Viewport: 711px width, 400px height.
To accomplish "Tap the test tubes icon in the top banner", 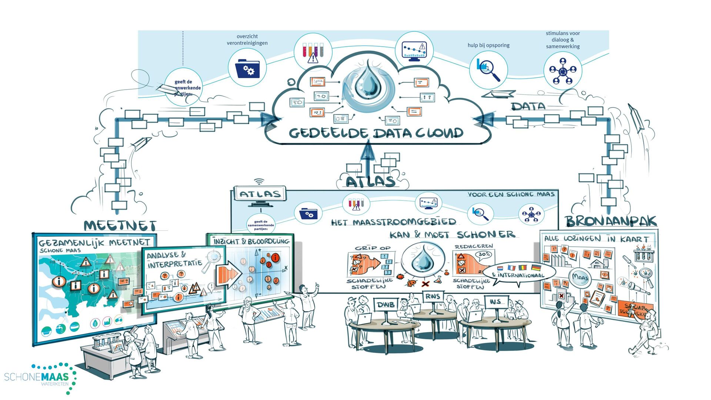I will click(313, 52).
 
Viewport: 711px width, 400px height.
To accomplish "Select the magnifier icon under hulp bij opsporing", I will click(488, 70).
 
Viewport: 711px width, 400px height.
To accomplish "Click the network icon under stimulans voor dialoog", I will click(563, 70).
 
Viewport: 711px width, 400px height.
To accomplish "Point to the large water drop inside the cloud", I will click(368, 84).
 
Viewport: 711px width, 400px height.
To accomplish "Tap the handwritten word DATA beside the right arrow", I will click(528, 106).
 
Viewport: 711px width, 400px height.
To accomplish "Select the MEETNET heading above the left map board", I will click(120, 226).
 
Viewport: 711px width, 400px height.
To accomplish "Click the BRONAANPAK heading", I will click(611, 221).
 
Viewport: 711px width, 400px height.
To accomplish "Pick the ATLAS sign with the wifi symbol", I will click(260, 194).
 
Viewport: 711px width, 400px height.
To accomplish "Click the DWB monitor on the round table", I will click(385, 305).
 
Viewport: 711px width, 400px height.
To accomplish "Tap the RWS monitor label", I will click(433, 296).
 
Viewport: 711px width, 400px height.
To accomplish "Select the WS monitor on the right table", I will click(496, 302).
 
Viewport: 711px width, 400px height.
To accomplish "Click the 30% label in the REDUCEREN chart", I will click(484, 254).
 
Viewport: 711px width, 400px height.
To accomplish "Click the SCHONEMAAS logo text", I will click(36, 377).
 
